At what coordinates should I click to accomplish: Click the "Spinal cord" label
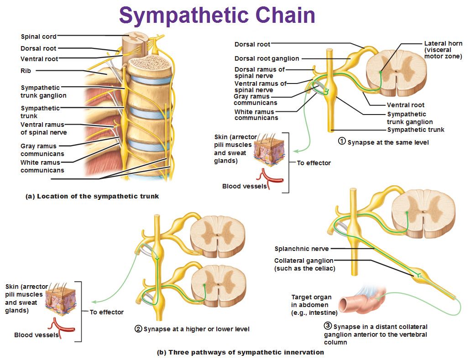(39, 37)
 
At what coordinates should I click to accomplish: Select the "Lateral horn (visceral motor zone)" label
(443, 50)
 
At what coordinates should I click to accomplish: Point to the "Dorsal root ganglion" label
(267, 58)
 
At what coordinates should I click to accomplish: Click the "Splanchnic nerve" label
(302, 249)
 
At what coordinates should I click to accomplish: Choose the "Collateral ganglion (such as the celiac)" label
(305, 265)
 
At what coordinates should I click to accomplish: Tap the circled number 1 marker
(341, 141)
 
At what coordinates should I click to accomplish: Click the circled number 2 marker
(138, 329)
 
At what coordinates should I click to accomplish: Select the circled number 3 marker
(327, 326)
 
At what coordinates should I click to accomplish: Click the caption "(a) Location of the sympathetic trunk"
(92, 196)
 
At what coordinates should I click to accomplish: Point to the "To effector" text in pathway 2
(106, 312)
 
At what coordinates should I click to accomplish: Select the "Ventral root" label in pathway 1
(406, 105)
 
